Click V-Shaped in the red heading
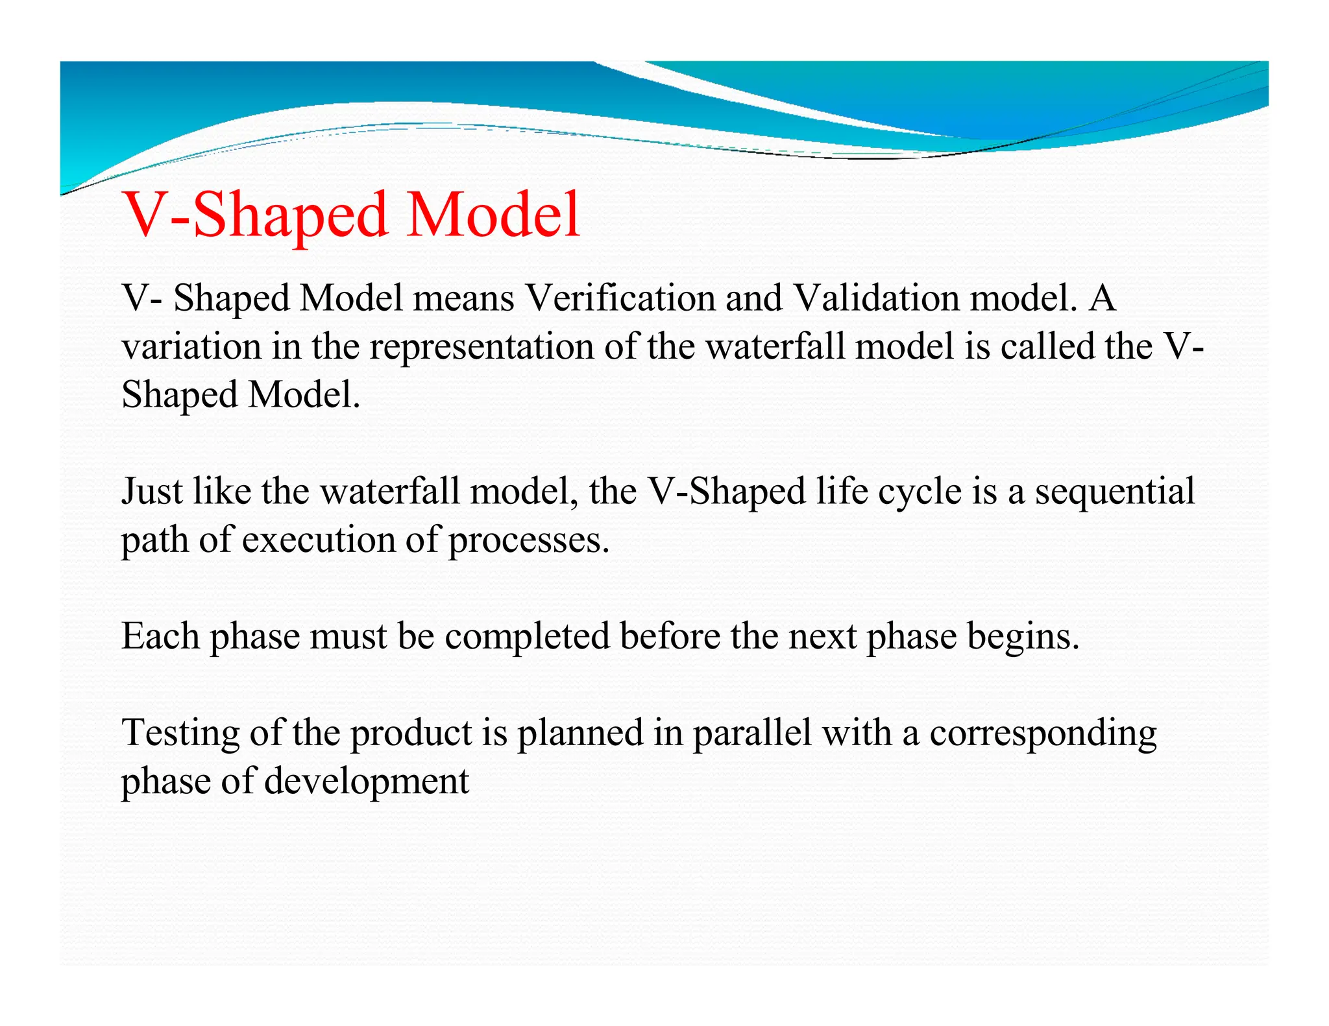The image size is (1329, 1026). tap(256, 215)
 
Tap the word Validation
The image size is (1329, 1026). tap(876, 298)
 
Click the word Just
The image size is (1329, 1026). tap(152, 491)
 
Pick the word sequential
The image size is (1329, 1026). tap(1114, 491)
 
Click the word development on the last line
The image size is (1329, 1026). tap(366, 781)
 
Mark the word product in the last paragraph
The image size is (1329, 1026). tap(411, 733)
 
